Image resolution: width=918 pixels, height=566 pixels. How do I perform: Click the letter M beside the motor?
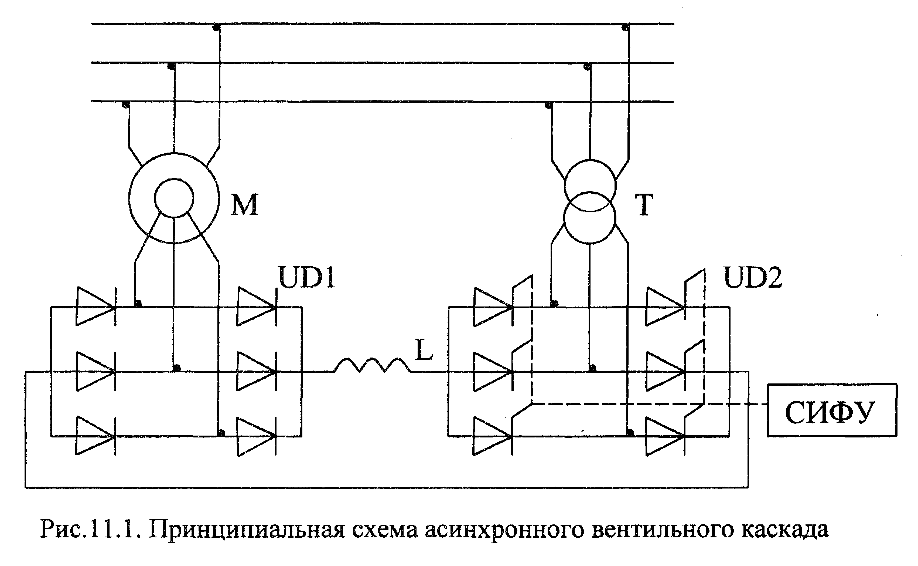point(245,205)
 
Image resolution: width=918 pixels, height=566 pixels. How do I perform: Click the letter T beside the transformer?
point(644,205)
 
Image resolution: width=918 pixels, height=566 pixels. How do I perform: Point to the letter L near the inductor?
point(424,350)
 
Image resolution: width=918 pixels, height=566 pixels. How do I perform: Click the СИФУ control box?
point(832,410)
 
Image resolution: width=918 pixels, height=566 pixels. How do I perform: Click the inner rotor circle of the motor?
point(174,198)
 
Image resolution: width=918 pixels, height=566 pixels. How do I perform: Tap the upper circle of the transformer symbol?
point(590,186)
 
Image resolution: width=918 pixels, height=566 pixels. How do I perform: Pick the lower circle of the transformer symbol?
point(590,218)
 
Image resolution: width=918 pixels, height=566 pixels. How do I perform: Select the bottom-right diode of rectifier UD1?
point(257,436)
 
